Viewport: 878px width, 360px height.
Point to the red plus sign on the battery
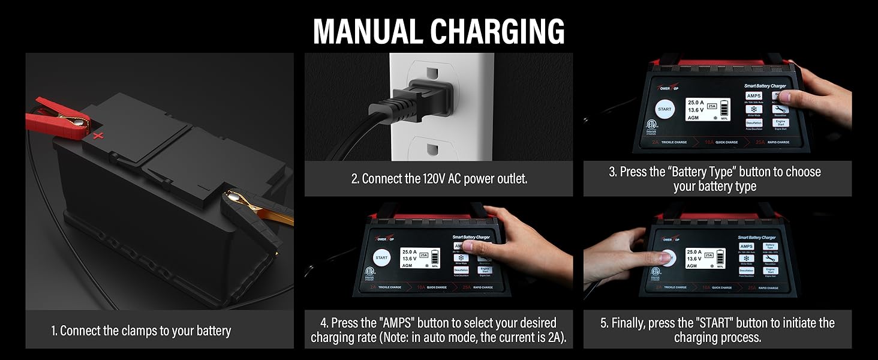(97, 136)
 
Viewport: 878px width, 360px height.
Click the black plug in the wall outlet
(420, 98)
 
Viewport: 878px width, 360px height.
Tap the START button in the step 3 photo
(664, 110)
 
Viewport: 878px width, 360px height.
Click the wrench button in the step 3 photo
(780, 109)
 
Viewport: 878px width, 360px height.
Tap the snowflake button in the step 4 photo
(462, 257)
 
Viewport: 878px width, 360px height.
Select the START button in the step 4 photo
(381, 257)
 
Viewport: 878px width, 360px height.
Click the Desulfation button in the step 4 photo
(461, 271)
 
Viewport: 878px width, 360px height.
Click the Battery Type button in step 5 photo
(770, 246)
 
